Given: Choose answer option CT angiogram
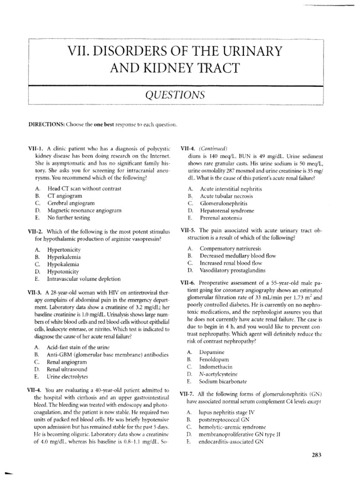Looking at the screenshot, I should (x=64, y=195).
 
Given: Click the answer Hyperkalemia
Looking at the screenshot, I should (x=64, y=257).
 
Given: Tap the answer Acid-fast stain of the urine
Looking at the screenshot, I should (x=77, y=347).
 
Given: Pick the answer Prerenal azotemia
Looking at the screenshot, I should (x=221, y=218).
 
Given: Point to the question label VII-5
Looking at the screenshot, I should (x=189, y=231).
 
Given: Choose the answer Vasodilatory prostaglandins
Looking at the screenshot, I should (x=232, y=270).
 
